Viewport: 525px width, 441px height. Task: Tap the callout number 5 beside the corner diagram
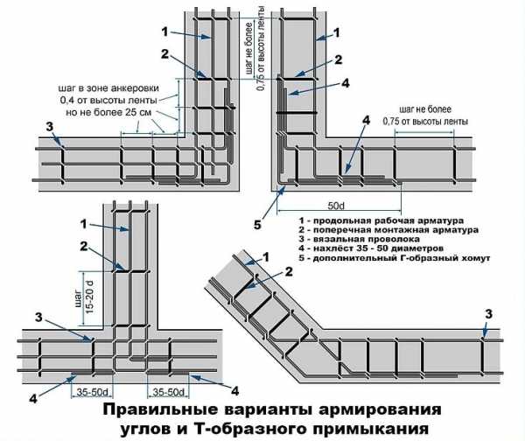click(x=257, y=224)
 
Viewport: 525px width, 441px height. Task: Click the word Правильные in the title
click(x=157, y=410)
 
